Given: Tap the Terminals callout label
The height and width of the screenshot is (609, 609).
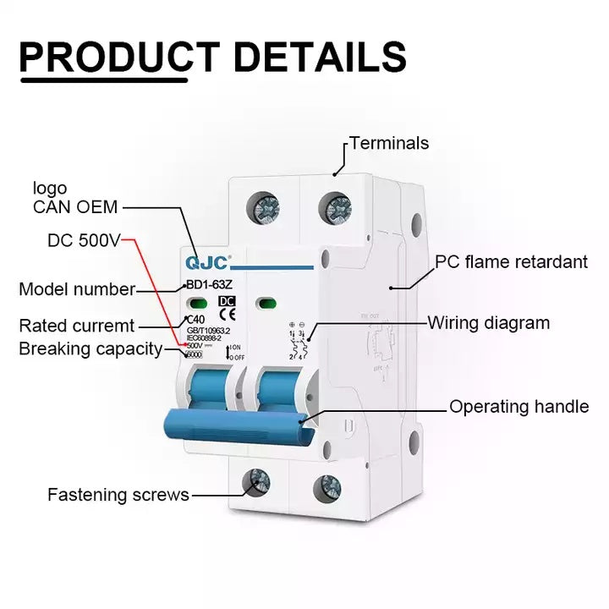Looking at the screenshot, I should click(389, 143).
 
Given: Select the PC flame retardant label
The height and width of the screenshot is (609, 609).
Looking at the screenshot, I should click(511, 261).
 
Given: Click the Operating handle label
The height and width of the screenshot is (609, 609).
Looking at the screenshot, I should click(518, 407).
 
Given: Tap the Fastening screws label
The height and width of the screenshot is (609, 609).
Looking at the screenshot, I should click(118, 494).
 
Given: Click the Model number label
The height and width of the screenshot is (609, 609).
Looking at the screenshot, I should click(77, 289).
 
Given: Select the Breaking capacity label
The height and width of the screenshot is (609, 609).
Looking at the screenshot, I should click(91, 348).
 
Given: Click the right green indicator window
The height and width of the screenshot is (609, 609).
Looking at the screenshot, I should click(269, 302).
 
